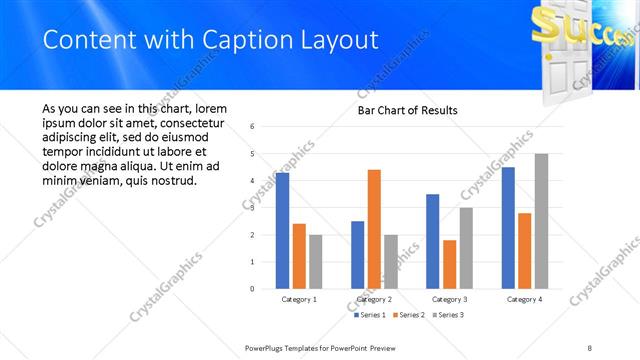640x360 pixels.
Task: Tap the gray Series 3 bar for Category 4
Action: [x=541, y=221]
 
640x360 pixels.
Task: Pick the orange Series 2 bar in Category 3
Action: [x=449, y=264]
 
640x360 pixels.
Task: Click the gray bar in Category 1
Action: [x=316, y=262]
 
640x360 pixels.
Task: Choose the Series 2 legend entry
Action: [x=411, y=315]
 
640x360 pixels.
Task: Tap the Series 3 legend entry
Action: [x=449, y=315]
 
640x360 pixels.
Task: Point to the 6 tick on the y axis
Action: [x=253, y=126]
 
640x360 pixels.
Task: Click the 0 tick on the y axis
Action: [x=253, y=289]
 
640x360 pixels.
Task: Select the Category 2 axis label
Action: [x=374, y=299]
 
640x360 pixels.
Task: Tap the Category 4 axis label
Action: [x=524, y=299]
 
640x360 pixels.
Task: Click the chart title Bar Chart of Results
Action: [x=408, y=110]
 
